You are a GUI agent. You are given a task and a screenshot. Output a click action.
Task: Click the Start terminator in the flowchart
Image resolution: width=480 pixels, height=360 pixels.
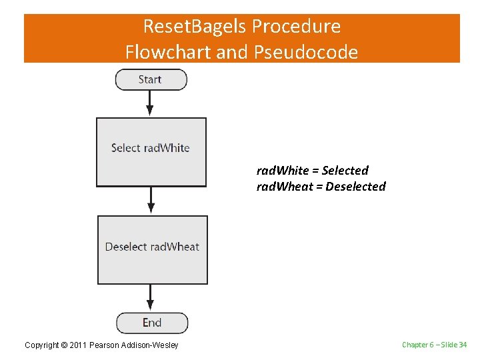151,79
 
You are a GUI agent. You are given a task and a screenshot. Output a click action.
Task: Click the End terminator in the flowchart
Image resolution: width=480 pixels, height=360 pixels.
152,323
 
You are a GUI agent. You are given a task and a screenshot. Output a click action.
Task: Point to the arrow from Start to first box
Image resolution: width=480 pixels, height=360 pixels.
150,103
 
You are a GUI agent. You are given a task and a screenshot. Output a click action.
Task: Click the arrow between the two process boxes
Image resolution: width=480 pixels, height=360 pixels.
151,200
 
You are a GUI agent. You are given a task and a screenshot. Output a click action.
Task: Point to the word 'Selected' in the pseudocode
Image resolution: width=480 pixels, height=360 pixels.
345,171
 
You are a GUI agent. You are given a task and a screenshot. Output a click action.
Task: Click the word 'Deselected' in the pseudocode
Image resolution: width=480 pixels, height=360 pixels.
355,187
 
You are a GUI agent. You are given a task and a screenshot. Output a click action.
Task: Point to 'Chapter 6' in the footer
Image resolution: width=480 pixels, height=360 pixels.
417,345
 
